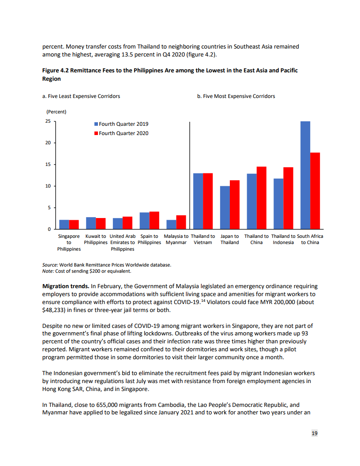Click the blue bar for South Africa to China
pyautogui.click(x=305, y=175)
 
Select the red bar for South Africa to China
pyautogui.click(x=315, y=191)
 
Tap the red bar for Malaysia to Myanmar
pyautogui.click(x=181, y=222)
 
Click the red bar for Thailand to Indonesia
pyautogui.click(x=288, y=198)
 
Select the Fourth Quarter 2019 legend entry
pyautogui.click(x=121, y=124)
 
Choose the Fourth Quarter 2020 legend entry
pyautogui.click(x=121, y=133)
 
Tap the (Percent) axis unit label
pyautogui.click(x=56, y=112)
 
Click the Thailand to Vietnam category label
pyautogui.click(x=203, y=239)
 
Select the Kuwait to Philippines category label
pyautogui.click(x=96, y=239)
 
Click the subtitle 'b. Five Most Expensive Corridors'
pyautogui.click(x=236, y=96)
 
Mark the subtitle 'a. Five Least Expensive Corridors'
pyautogui.click(x=81, y=96)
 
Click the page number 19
pyautogui.click(x=315, y=434)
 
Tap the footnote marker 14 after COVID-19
pyautogui.click(x=205, y=300)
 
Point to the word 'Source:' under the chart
pyautogui.click(x=50, y=265)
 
